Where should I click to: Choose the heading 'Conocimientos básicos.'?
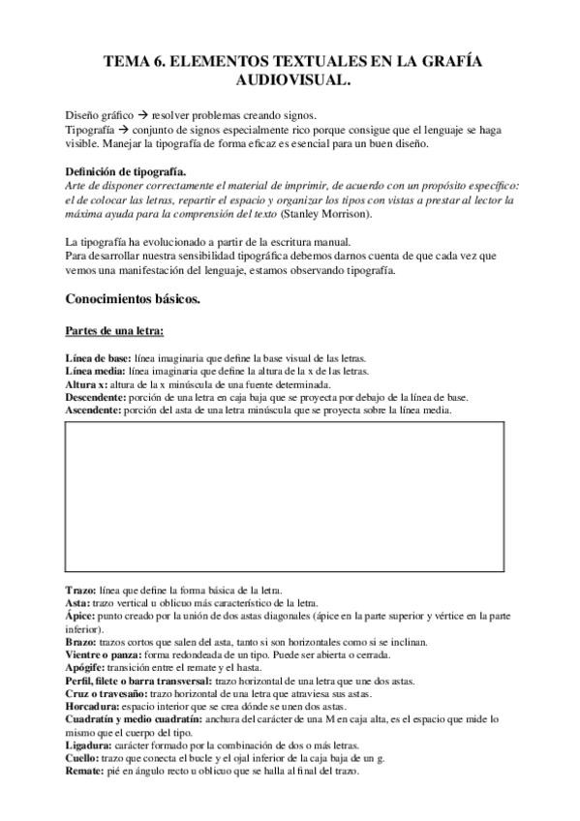132,299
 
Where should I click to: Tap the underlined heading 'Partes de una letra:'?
114,331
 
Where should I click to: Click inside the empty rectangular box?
284,498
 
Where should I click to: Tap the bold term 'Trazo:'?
78,590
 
